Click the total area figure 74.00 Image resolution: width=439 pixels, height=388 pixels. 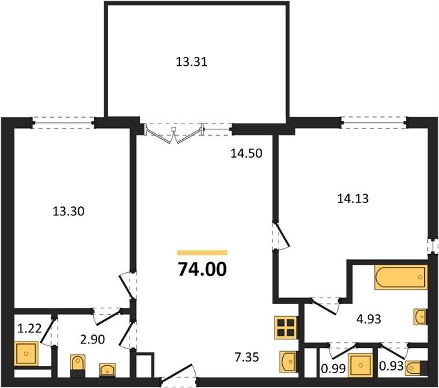coord(202,270)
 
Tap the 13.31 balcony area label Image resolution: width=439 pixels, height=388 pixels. coord(192,62)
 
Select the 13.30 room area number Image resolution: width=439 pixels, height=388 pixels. coord(69,211)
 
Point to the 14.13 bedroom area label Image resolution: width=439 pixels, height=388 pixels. coord(353,199)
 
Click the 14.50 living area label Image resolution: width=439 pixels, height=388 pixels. coord(247,153)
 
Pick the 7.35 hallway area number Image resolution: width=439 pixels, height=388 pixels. coord(247,357)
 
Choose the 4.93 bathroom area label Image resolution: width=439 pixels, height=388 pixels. coord(368,319)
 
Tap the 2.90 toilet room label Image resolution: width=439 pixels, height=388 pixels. coord(93,339)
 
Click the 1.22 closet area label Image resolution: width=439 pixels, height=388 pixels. coord(29,328)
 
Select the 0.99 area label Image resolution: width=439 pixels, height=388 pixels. coord(333,369)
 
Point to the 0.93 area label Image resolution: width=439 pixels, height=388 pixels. coord(391,366)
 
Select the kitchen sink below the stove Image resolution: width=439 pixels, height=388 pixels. coord(288,361)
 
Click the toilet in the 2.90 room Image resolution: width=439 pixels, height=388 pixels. coord(77,366)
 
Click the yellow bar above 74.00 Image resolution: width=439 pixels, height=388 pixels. coord(203,253)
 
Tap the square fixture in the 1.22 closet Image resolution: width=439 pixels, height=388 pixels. coord(26,353)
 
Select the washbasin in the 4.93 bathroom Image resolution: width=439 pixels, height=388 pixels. coord(420,317)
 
